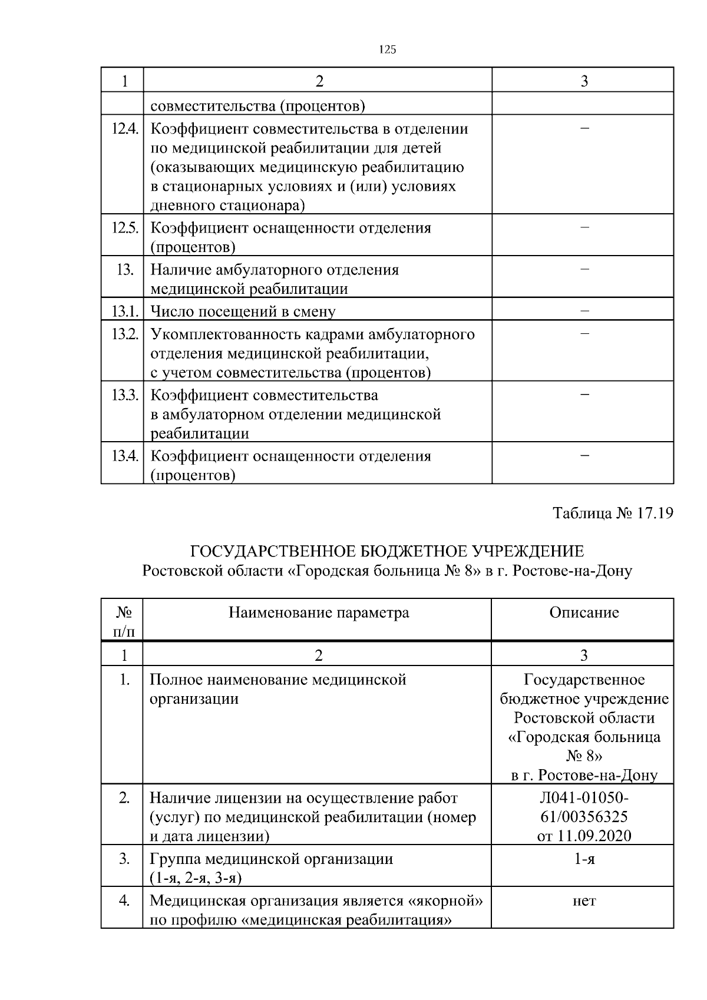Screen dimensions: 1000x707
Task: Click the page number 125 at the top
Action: coord(386,49)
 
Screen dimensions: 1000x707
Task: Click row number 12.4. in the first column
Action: coord(125,128)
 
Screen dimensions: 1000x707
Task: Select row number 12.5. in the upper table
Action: coord(125,228)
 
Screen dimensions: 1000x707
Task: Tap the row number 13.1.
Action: coord(125,311)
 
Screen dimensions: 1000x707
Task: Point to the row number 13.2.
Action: coord(125,334)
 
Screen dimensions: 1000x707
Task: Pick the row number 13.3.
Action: coord(125,395)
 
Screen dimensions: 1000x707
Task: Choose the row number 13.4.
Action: coord(125,456)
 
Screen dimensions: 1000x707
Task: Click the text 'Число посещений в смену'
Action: coord(243,312)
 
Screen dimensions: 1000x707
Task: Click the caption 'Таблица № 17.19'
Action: coord(613,513)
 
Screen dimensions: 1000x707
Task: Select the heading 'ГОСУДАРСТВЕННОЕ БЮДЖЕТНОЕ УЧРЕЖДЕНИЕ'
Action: coord(387,551)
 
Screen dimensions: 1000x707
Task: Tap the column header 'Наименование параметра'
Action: coord(318,612)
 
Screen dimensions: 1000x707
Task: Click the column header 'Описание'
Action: coord(584,612)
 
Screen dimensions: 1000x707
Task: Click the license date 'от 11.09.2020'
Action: coord(584,836)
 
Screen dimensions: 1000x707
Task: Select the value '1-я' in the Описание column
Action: coord(584,859)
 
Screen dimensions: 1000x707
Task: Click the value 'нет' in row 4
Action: coord(584,900)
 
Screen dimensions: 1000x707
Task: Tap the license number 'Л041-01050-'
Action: coord(584,797)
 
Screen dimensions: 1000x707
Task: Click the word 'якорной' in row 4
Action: coord(446,900)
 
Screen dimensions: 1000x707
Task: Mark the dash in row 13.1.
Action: coord(584,310)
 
